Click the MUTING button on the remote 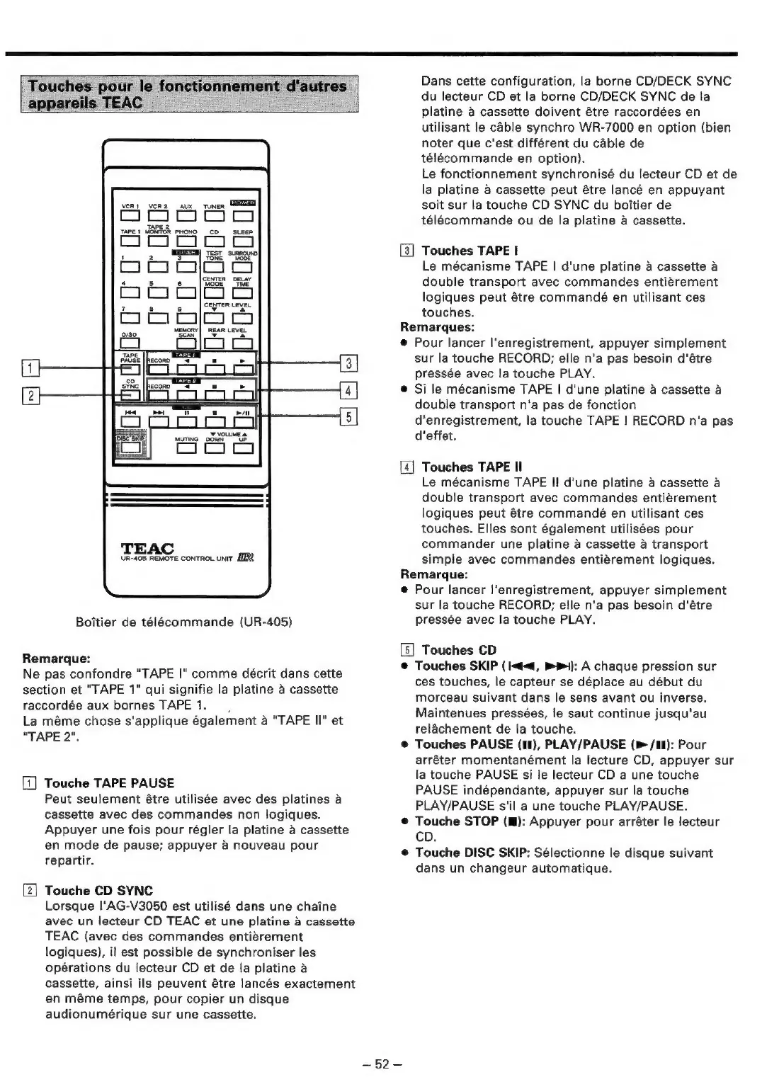[187, 448]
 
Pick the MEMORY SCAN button [187, 343]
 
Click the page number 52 [382, 1064]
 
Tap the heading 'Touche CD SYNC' [98, 891]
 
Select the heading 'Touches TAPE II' [472, 467]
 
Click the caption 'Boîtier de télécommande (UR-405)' [184, 622]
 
